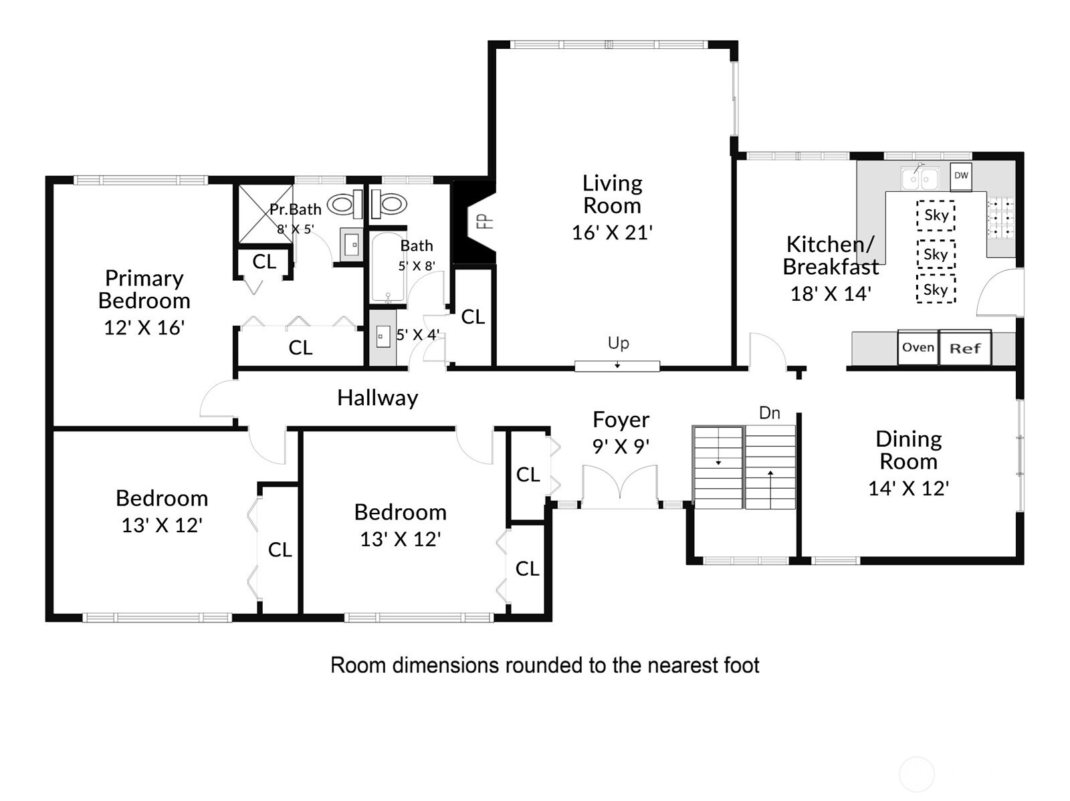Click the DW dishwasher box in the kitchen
(x=960, y=177)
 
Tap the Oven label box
(x=918, y=348)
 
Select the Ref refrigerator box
(x=965, y=348)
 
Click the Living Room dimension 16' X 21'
(x=613, y=233)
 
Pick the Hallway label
(x=378, y=398)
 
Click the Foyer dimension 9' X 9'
(x=621, y=446)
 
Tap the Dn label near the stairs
(x=770, y=413)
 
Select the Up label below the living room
(x=618, y=344)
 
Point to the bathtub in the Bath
(x=388, y=267)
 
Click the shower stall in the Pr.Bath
(x=265, y=213)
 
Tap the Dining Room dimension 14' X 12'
(x=909, y=488)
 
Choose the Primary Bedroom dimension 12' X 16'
(x=144, y=328)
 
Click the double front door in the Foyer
(x=619, y=487)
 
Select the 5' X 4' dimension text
(x=418, y=335)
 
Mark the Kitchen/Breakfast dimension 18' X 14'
(x=831, y=294)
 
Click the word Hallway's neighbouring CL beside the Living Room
(x=473, y=317)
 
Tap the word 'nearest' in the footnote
(x=684, y=665)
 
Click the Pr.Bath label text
(x=296, y=209)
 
